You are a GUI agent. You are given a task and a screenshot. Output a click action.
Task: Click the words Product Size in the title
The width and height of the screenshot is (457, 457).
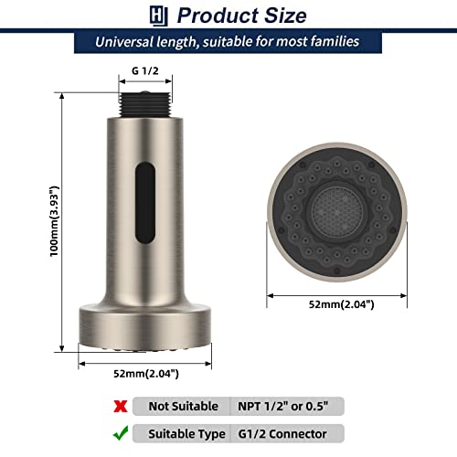coord(241,16)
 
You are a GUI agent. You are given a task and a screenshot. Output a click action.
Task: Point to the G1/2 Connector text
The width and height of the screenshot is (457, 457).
coord(285,433)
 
